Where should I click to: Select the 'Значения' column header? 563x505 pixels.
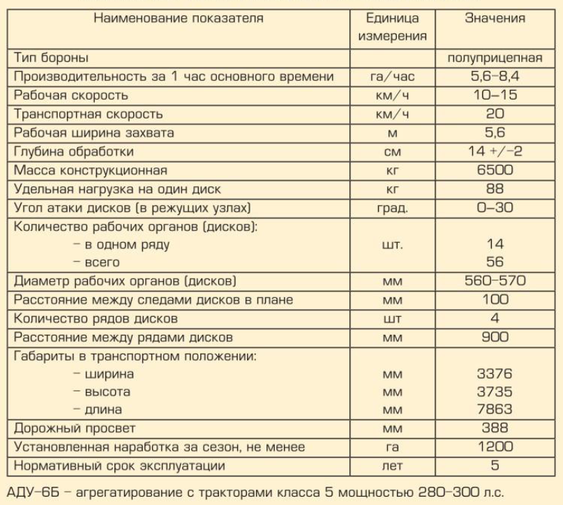[495, 19]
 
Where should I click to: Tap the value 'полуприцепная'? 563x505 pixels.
[495, 57]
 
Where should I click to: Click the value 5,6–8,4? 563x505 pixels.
[495, 76]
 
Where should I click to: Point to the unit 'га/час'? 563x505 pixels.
[392, 76]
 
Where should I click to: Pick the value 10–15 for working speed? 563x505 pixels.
[495, 95]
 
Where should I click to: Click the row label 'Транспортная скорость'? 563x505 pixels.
[88, 114]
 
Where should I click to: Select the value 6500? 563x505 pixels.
[495, 170]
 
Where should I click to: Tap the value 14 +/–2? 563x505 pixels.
[495, 151]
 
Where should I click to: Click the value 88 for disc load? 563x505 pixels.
[495, 189]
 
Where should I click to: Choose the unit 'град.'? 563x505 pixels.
[392, 208]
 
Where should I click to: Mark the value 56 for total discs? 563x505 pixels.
[495, 263]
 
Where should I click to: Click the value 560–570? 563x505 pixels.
[495, 281]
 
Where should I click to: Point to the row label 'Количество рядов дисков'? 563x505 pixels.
[96, 319]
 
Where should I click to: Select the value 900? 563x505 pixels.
[495, 338]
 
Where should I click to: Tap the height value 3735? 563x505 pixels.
[495, 392]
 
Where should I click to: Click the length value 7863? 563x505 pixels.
[495, 409]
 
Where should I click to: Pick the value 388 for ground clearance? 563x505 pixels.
[495, 428]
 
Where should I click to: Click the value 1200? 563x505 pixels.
[495, 446]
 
